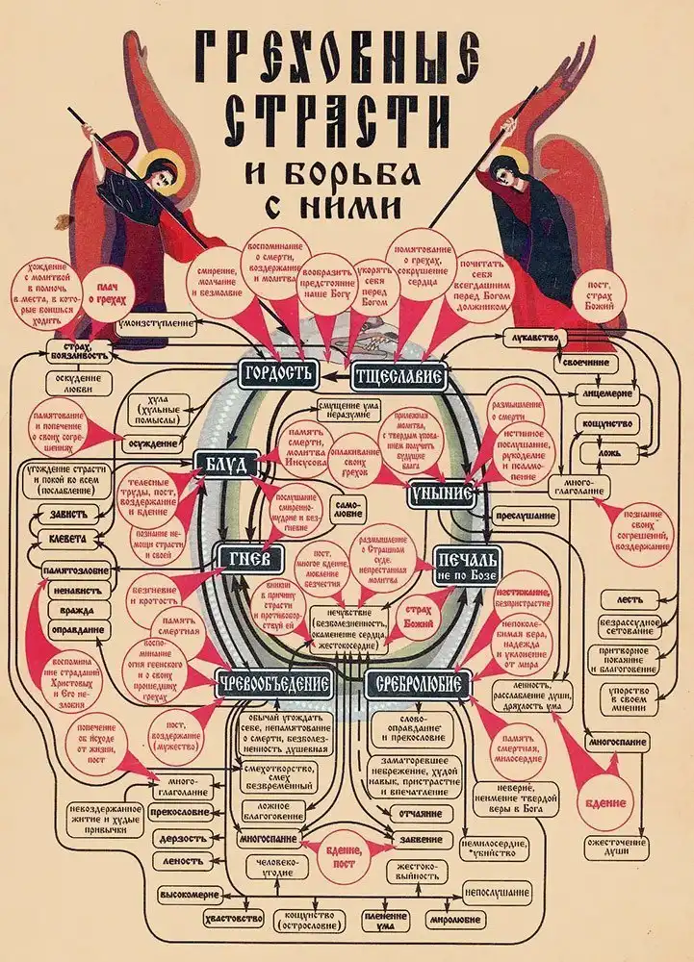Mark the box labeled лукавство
coord(531,339)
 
